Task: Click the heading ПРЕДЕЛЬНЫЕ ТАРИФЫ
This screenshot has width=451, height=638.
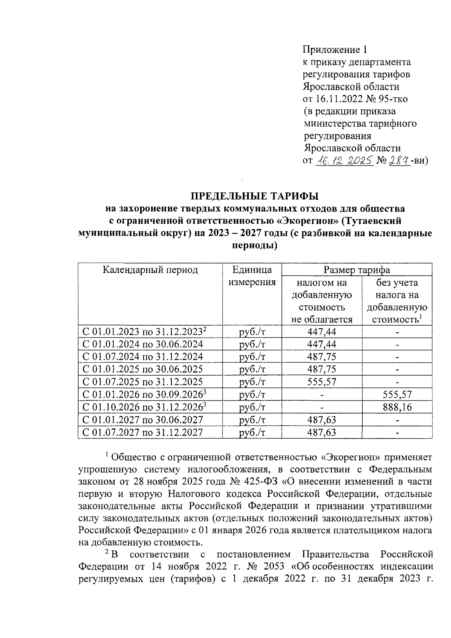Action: click(x=254, y=196)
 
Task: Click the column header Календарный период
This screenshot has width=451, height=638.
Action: click(x=150, y=270)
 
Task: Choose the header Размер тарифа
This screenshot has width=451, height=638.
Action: click(x=357, y=270)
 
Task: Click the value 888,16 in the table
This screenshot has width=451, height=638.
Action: click(x=397, y=407)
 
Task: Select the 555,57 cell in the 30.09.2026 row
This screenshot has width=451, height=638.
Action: click(x=397, y=394)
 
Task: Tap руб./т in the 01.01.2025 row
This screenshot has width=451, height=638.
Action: click(x=252, y=369)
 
